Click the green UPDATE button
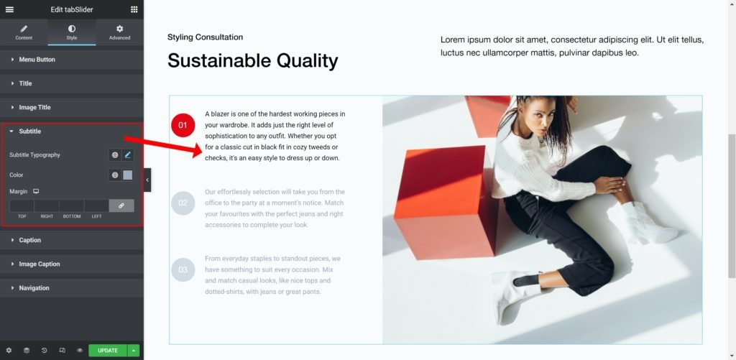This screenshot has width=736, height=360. [x=108, y=351]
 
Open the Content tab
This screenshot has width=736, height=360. [x=24, y=32]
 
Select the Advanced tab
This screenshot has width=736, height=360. [x=120, y=32]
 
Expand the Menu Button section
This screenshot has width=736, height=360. [x=37, y=60]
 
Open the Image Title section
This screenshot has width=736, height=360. [x=34, y=108]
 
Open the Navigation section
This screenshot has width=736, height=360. [x=34, y=288]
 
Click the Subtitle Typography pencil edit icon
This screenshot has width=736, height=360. [x=128, y=155]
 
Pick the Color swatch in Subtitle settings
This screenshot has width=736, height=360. [x=128, y=175]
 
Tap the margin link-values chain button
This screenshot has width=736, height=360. [x=121, y=206]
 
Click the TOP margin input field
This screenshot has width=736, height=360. [x=22, y=206]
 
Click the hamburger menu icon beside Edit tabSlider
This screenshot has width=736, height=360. [x=9, y=9]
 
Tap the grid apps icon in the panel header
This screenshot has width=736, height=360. [x=134, y=9]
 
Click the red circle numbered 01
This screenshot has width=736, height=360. [x=183, y=125]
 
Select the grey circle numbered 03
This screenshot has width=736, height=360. [x=183, y=270]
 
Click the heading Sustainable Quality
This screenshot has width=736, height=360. [x=252, y=61]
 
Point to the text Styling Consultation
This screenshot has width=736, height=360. [x=205, y=37]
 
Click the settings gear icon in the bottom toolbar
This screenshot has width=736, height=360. [x=9, y=351]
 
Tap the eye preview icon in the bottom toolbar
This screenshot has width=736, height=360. [x=80, y=351]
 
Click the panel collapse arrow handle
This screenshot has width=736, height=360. [x=147, y=180]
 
